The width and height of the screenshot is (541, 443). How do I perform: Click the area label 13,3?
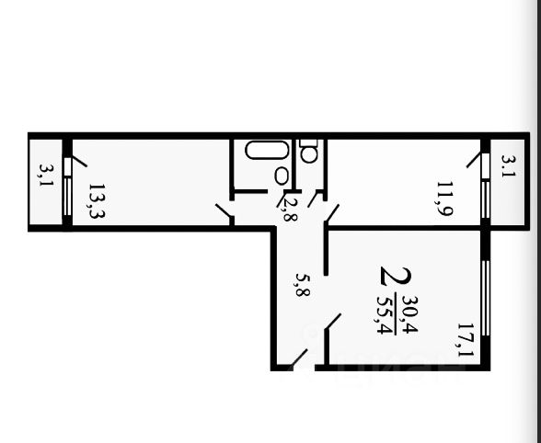click(97, 201)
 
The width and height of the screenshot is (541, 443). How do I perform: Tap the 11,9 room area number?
click(444, 199)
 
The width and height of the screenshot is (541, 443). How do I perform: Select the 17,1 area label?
click(466, 339)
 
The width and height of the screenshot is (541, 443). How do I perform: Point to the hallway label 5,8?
click(303, 285)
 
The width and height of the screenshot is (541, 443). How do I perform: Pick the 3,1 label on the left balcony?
click(46, 175)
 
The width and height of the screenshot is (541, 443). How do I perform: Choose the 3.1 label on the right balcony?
click(508, 165)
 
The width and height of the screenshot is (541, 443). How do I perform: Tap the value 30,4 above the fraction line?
click(410, 314)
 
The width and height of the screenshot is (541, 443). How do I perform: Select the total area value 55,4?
click(385, 315)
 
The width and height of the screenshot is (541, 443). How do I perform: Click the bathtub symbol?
click(266, 150)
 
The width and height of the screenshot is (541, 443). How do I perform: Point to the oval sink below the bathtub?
click(281, 176)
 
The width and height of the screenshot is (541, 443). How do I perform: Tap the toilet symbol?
click(308, 151)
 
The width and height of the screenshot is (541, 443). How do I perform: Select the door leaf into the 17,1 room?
click(333, 322)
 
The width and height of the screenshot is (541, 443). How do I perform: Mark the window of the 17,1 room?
click(486, 298)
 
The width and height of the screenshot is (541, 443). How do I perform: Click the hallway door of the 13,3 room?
click(224, 211)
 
